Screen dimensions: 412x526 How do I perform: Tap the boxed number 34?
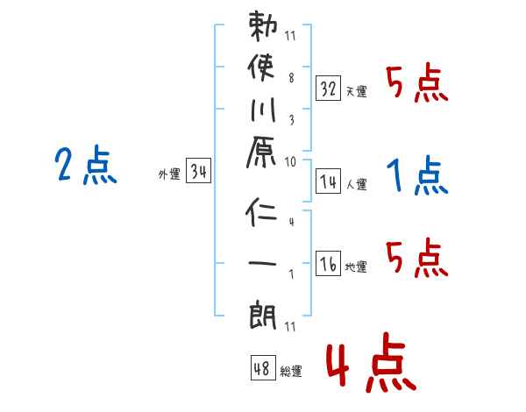199,172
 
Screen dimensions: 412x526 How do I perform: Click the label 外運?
169,174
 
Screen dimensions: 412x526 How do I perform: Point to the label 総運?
291,372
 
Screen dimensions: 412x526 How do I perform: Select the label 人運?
357,184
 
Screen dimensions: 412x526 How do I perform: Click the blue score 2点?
87,166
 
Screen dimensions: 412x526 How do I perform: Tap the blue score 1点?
416,176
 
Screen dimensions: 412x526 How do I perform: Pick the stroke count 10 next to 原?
290,161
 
